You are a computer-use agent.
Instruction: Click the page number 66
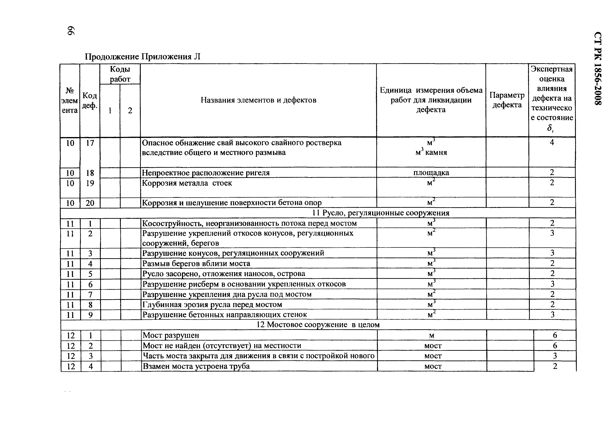coord(71,31)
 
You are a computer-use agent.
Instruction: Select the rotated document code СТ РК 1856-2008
coord(598,69)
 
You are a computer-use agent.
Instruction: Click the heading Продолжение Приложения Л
coord(143,57)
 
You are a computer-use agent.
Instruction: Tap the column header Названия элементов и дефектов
coord(258,100)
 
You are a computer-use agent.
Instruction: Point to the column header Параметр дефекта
coord(507,100)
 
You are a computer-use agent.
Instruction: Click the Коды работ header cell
coord(120,74)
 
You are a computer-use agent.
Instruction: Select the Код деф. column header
coord(90,100)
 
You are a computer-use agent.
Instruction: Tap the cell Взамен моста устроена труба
coord(196,366)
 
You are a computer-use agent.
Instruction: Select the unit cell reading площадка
coord(431,172)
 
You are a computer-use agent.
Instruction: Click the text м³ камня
coord(431,152)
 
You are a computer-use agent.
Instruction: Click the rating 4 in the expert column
coord(552,142)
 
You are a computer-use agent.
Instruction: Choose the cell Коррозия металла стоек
coord(187,183)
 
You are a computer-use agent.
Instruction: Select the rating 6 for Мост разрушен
coord(555,335)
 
